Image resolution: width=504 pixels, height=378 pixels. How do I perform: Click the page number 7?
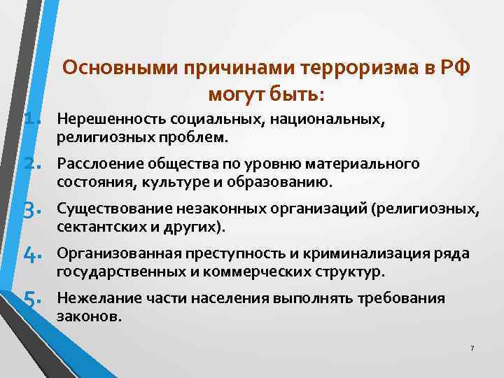[472, 349]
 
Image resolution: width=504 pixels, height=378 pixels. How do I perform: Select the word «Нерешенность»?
[105, 120]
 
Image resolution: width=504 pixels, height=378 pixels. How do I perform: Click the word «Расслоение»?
[97, 164]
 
